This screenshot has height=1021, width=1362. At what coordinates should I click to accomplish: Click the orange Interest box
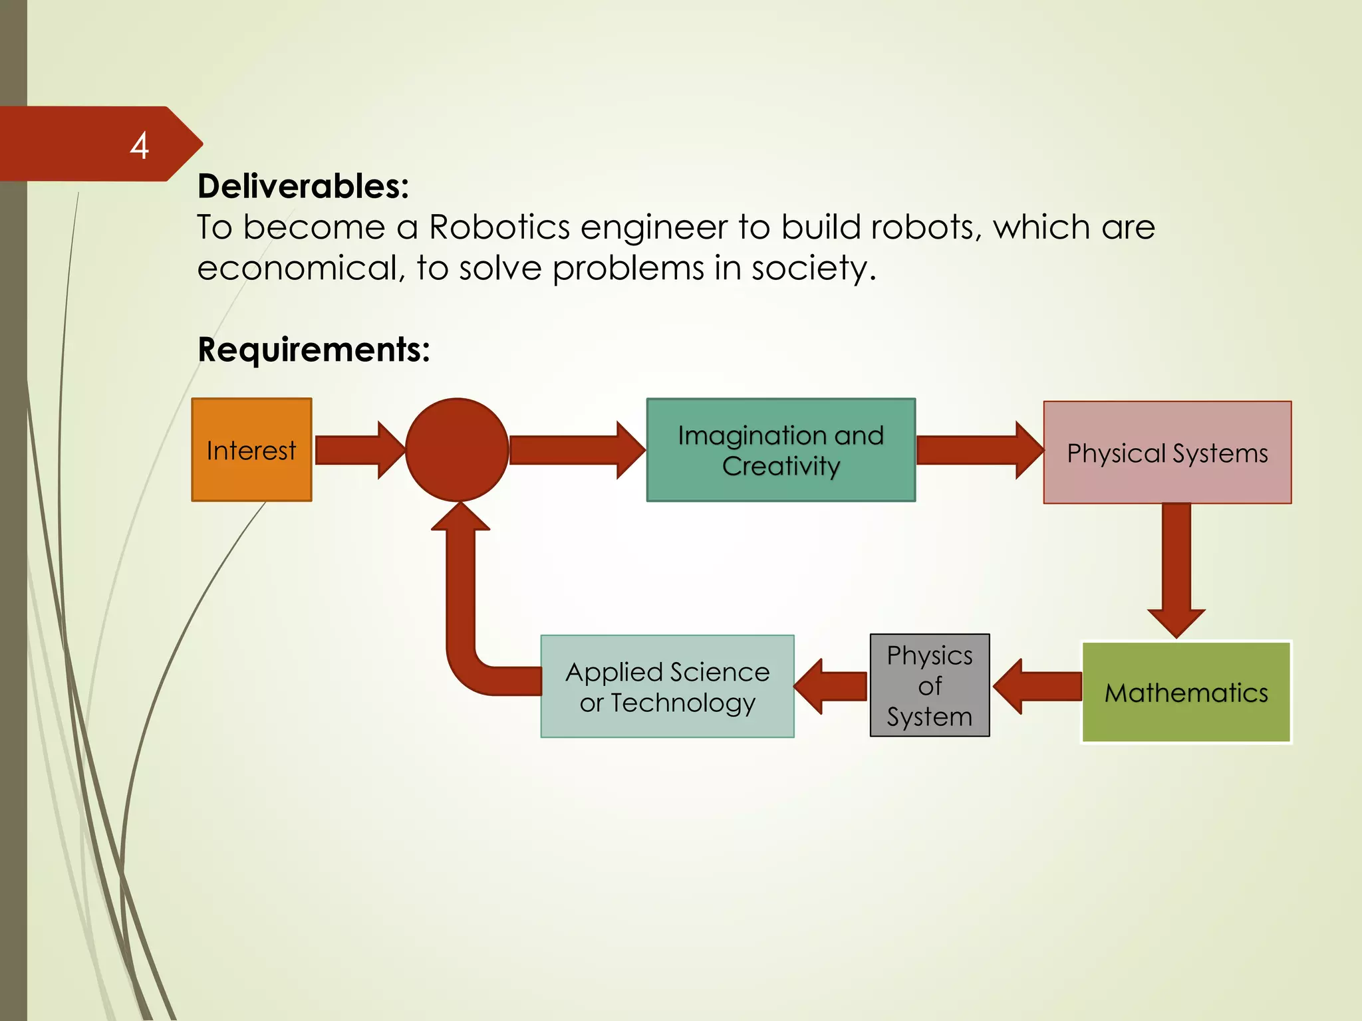pos(251,450)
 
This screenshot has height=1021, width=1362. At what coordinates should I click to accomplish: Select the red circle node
pos(457,450)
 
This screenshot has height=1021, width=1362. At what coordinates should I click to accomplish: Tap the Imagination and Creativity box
pos(781,450)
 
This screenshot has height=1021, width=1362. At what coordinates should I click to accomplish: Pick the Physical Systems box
pos(1167,453)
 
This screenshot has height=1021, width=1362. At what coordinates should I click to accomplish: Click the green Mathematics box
pos(1186,692)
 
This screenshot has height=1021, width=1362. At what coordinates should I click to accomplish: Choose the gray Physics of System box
pos(930,685)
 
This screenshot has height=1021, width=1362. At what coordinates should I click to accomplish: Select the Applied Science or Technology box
pos(667,687)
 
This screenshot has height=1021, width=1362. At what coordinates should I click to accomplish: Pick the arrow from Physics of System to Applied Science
pos(831,687)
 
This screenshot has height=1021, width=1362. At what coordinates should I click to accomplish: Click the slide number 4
pos(139,146)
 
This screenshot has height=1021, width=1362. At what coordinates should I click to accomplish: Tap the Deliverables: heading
pos(303,186)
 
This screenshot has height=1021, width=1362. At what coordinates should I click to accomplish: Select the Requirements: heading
pos(314,349)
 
